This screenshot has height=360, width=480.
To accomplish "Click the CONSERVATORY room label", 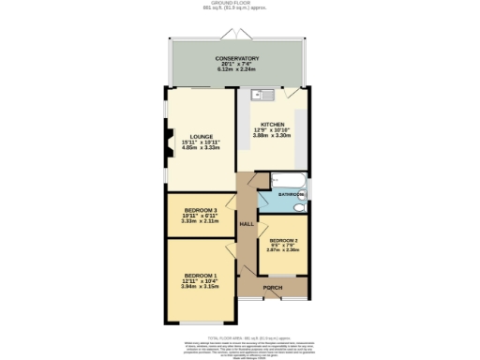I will click(237, 58).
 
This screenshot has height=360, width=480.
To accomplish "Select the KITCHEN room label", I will click(272, 124).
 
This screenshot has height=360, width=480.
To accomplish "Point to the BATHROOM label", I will click(292, 194).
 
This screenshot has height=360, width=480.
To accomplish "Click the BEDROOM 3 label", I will click(201, 209).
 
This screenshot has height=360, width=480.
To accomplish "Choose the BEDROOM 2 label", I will click(284, 239).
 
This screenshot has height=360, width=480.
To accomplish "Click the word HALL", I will click(247, 225).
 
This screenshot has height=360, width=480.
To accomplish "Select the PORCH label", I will click(273, 287).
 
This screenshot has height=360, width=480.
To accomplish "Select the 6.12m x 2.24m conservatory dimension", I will click(237, 69).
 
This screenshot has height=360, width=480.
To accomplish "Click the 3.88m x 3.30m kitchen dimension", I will click(272, 136).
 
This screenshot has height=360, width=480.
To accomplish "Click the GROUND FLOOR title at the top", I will click(240, 4).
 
